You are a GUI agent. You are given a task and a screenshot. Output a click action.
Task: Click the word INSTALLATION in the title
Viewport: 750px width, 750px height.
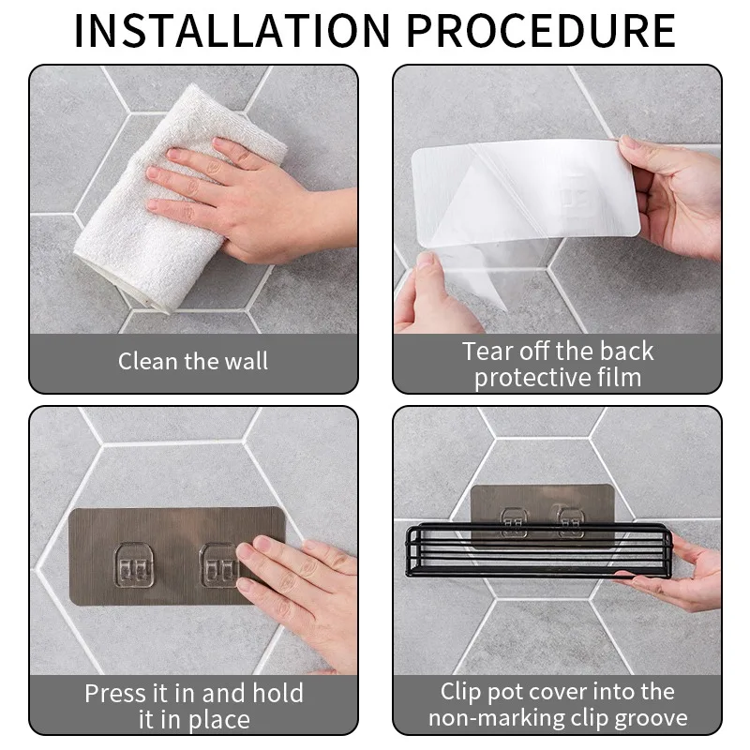pos(232,31)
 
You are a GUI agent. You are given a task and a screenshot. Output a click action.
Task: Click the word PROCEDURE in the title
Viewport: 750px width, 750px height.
pos(541,31)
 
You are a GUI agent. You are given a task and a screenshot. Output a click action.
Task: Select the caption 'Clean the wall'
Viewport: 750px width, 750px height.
pos(193,361)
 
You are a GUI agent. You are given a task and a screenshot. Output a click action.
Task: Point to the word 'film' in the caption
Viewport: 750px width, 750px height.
pos(619,378)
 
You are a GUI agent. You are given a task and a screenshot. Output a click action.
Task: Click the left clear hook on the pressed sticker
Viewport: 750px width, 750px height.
pos(134,565)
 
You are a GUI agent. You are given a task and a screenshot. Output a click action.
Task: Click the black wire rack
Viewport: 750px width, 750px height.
pos(538,551)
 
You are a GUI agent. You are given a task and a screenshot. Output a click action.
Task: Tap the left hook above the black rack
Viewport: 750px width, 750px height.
pos(514,522)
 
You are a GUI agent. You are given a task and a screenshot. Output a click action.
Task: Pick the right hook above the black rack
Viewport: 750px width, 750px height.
pos(569,520)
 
